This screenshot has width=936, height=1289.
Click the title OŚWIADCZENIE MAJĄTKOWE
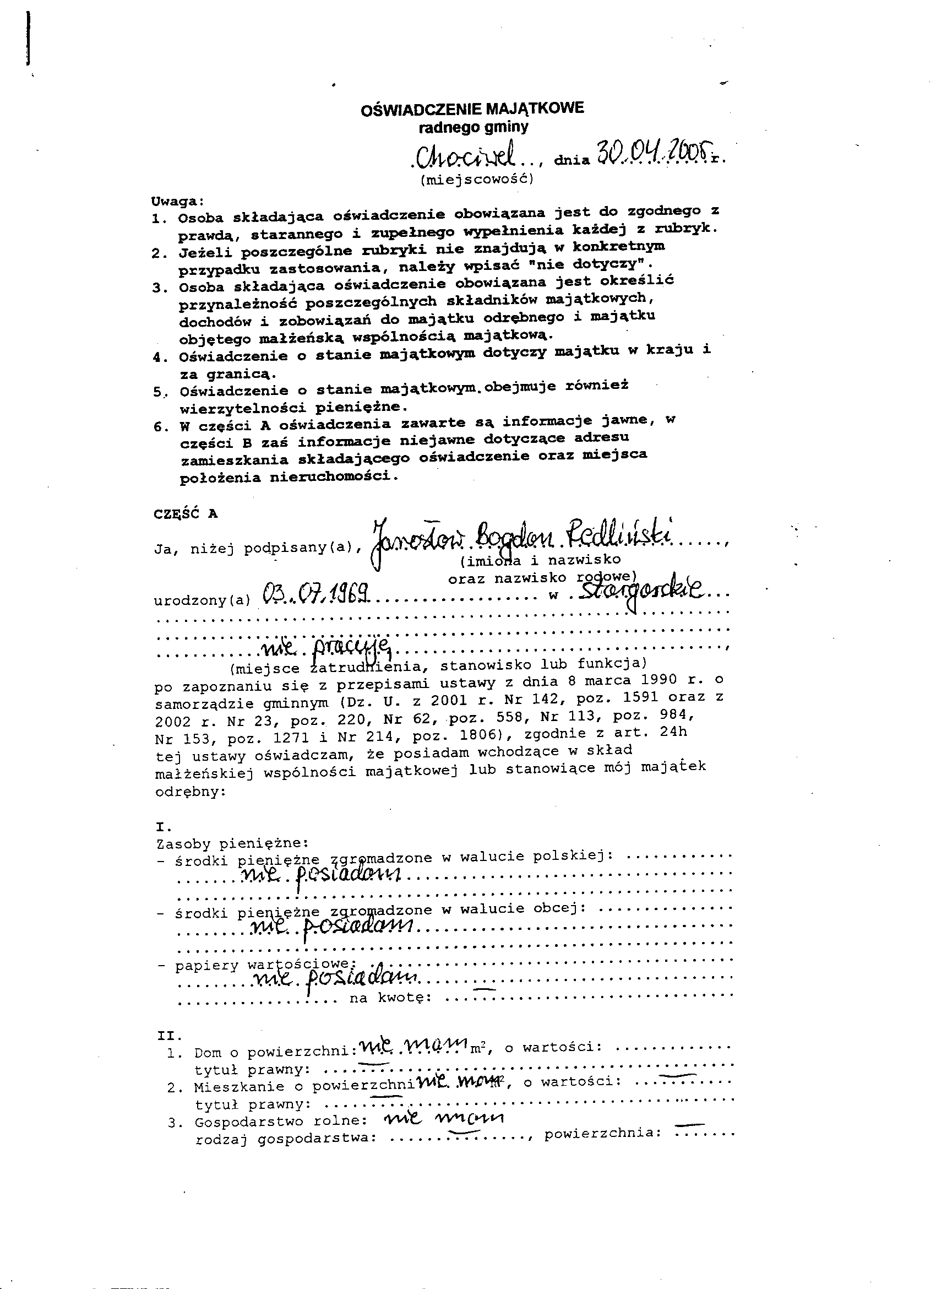click(472, 109)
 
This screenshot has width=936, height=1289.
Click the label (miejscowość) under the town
click(477, 180)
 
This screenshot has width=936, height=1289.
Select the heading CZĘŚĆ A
click(186, 513)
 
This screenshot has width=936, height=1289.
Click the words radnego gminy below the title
click(473, 127)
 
